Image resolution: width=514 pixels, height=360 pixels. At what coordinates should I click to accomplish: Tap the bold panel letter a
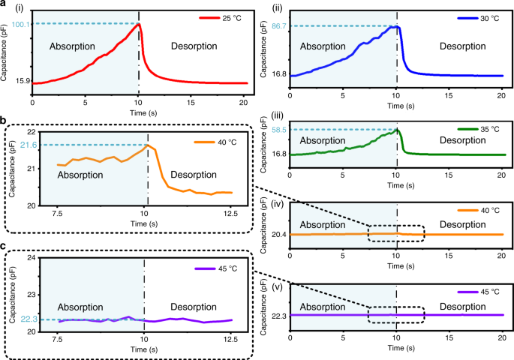click(x=4, y=5)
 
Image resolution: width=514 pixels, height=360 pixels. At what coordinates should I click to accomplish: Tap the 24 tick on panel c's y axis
click(x=30, y=258)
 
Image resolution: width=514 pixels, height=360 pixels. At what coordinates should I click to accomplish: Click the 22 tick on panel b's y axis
click(x=30, y=132)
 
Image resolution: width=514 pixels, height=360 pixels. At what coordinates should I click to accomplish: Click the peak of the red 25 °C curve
click(x=138, y=24)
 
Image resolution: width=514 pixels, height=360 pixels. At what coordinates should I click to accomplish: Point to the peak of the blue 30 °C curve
click(x=397, y=27)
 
